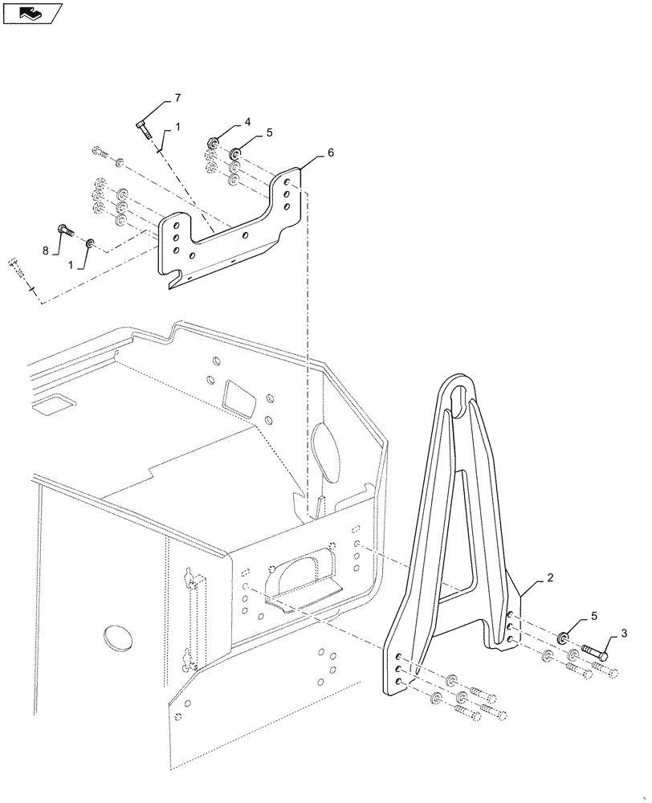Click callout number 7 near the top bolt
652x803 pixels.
click(x=178, y=98)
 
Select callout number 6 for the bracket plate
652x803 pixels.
click(x=330, y=152)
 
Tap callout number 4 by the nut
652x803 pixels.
click(x=248, y=123)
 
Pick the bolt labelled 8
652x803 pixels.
click(x=65, y=230)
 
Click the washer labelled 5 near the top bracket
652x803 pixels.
click(x=236, y=153)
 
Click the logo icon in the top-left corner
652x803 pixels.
click(x=32, y=14)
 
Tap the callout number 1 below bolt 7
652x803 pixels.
click(x=177, y=127)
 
